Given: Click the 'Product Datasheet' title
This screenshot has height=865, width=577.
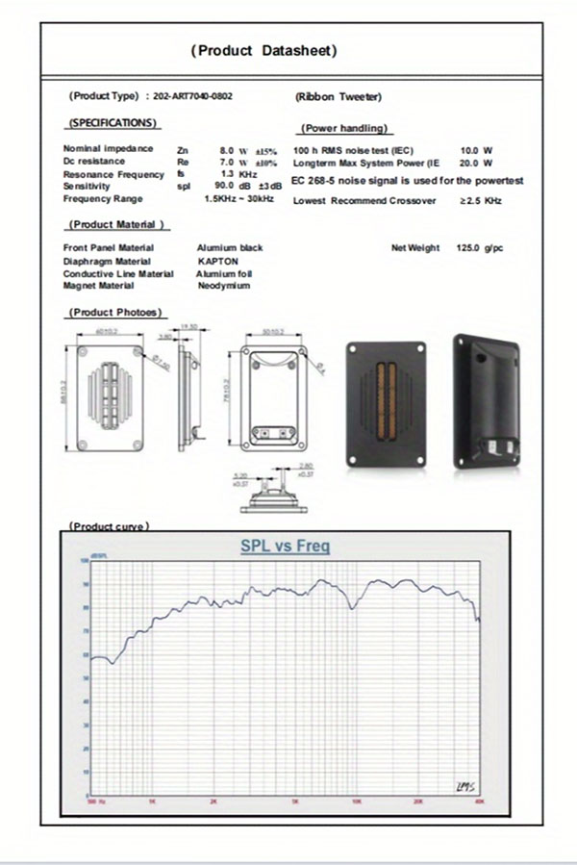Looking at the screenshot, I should coord(263,50).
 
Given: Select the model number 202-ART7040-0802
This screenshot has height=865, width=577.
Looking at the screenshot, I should coord(192,96).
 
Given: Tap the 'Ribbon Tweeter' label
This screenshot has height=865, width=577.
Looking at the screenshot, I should coord(339,97).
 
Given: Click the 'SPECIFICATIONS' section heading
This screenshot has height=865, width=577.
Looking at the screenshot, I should coord(112,123).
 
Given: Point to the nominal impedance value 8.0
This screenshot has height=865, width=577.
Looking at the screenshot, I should coord(227,150).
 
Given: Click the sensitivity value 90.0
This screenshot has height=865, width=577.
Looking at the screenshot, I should coord(224,186).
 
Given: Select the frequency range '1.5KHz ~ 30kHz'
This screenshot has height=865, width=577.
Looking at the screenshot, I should coord(239,198).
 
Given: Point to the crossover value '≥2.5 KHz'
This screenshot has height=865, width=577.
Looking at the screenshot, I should coord(480,201).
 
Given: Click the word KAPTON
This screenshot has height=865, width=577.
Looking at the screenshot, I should coord(217,261).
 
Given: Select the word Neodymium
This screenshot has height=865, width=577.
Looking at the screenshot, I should coord(224,286).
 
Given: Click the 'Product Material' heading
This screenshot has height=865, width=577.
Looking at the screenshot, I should coord(116,224).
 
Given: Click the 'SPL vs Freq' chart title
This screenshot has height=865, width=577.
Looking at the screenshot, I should coord(285,547).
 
